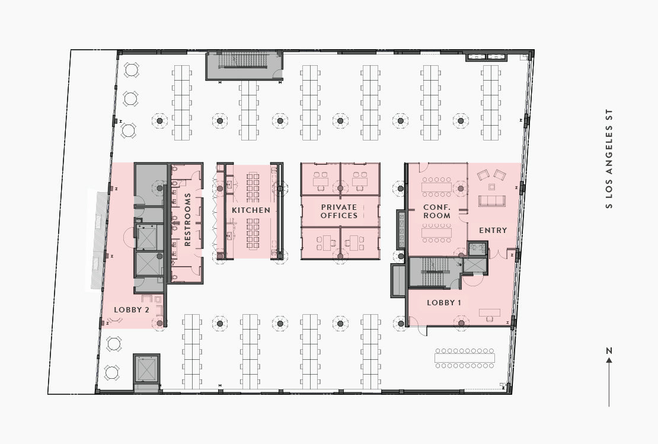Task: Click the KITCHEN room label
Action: point(251,210)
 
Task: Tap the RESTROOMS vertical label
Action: point(187,219)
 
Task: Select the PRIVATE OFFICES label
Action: point(339,211)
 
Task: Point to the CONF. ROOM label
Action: point(436,211)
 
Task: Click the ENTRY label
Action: point(493,230)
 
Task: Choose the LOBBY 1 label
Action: point(444,302)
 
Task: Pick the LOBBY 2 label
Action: point(132,309)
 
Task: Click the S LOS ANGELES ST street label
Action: point(609,159)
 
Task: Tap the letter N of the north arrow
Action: point(609,350)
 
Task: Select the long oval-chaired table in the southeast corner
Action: point(465,358)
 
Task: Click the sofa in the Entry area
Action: point(492,200)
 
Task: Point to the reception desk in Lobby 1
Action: point(490,312)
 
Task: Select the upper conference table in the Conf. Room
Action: point(436,186)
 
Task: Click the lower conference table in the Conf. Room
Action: point(436,232)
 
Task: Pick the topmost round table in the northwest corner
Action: point(132,70)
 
